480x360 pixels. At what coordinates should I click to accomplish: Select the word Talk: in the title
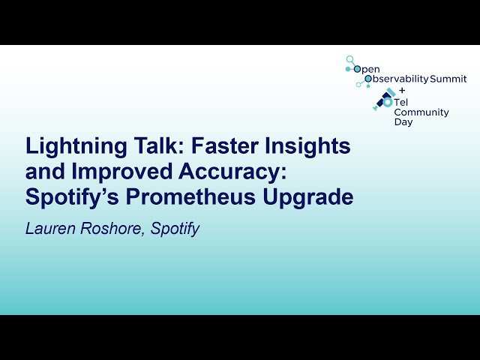tap(145, 146)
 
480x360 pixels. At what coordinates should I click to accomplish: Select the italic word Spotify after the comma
tap(175, 229)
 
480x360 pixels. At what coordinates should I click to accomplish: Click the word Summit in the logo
tap(448, 79)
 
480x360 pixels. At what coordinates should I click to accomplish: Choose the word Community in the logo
tap(421, 112)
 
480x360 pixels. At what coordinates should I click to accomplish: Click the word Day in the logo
tap(403, 122)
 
